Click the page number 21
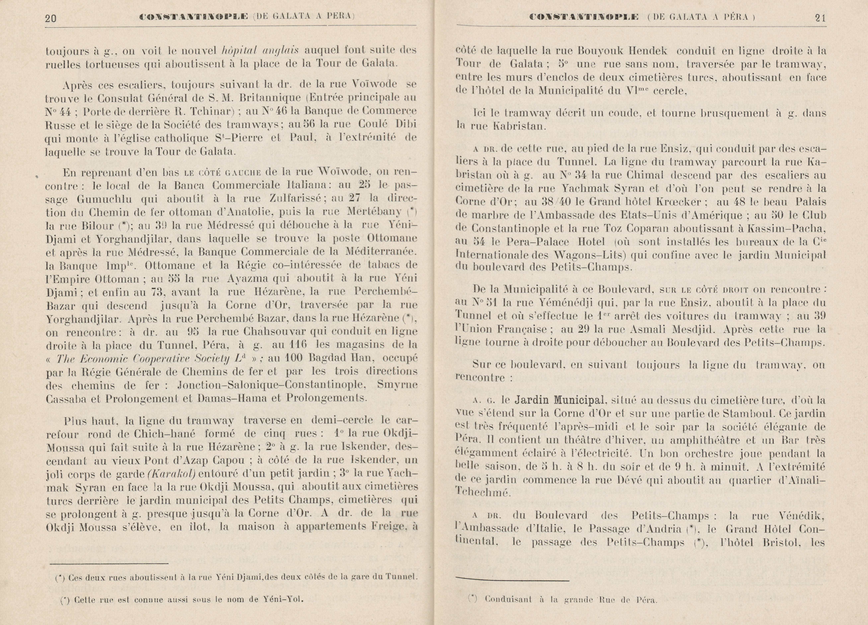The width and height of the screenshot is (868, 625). [x=820, y=18]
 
